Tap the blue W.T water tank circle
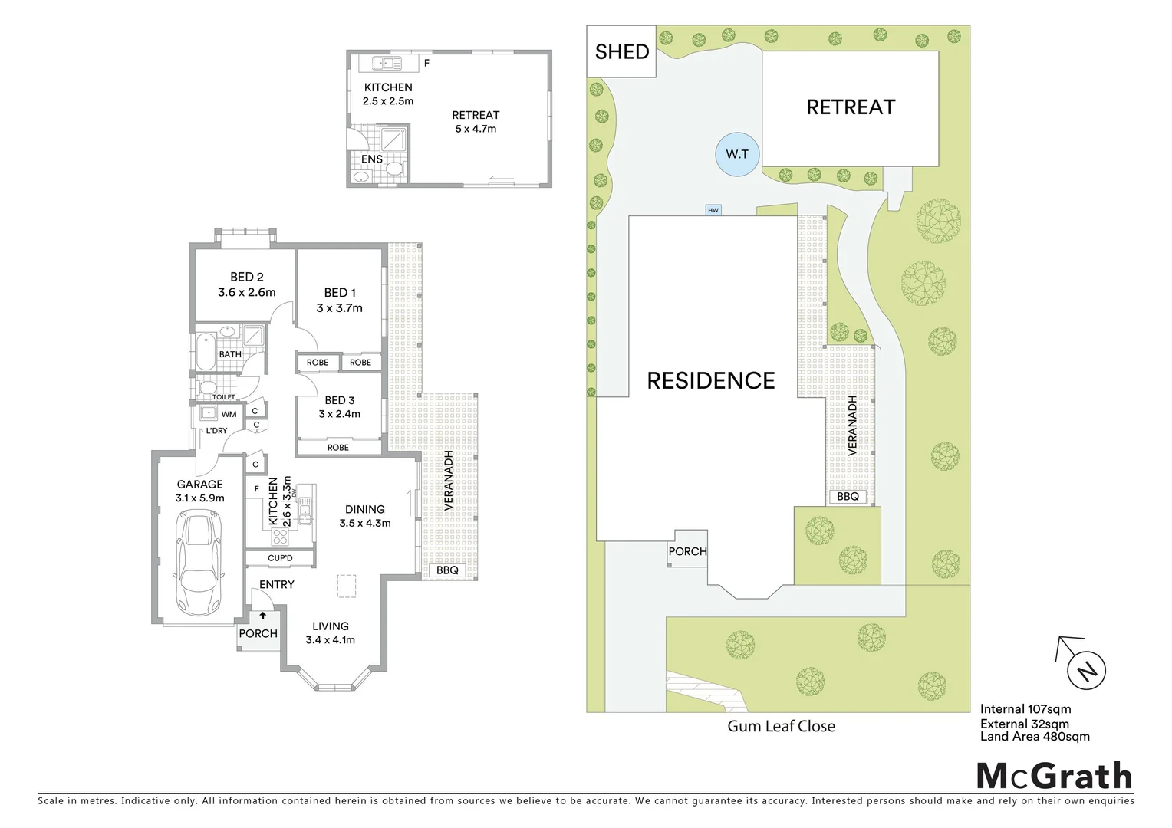coord(737,154)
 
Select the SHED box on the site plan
coord(622,52)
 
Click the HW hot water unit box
coord(713,209)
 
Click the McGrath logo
coord(1054,776)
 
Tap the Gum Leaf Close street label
coord(781,726)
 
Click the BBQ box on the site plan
coord(848,496)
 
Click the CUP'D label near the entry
coord(280,558)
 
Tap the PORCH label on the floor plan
coord(258,633)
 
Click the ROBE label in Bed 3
coord(338,447)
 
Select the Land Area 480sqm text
coord(1035,737)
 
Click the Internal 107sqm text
coord(1025,709)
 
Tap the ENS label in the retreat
coord(372,159)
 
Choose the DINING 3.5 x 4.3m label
coord(365,516)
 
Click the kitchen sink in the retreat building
coord(382,63)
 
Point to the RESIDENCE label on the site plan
coord(711,380)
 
